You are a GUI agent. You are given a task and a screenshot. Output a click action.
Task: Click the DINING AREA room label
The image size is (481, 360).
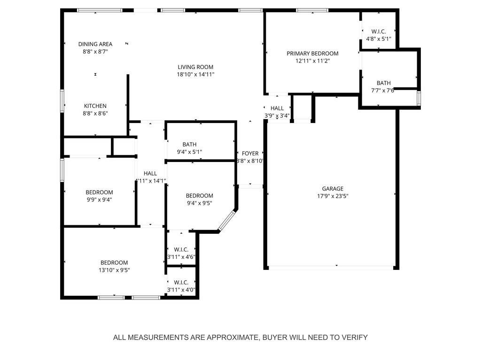[95, 44]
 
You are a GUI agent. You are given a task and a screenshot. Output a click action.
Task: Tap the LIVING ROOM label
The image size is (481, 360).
[195, 67]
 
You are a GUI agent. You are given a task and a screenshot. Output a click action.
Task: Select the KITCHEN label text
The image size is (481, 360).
[95, 106]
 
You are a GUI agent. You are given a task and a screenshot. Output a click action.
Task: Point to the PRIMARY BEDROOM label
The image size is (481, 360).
[312, 54]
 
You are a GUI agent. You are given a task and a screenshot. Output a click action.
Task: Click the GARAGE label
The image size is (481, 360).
[333, 189]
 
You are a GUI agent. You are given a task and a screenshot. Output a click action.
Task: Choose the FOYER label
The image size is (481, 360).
[250, 153]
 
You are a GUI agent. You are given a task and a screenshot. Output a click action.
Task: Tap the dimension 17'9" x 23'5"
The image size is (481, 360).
[333, 196]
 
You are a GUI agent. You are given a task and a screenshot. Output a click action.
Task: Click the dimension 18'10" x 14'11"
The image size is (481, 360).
[195, 75]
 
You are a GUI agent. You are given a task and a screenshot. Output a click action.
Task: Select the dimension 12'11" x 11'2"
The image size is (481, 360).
[312, 61]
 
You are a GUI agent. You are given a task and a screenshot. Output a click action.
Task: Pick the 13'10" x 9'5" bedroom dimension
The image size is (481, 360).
[114, 270]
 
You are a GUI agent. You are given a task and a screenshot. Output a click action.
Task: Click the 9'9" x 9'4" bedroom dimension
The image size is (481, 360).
[99, 200]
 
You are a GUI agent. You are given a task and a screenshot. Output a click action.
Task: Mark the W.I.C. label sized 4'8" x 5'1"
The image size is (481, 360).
[379, 31]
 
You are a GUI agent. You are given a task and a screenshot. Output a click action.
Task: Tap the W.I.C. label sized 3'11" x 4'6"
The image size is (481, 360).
[181, 250]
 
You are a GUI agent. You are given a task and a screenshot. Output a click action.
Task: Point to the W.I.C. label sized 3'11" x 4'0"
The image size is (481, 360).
[181, 283]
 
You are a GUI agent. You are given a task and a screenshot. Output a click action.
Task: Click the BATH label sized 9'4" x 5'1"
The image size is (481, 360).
[189, 145]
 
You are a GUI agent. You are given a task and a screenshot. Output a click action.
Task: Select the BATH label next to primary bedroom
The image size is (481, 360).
[383, 83]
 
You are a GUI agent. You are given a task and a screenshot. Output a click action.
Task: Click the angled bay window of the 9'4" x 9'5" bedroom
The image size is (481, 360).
[227, 220]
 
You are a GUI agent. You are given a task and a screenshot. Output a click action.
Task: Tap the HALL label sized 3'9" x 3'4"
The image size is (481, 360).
[277, 108]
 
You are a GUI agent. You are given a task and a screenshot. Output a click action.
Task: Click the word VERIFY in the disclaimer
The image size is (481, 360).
[357, 337]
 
